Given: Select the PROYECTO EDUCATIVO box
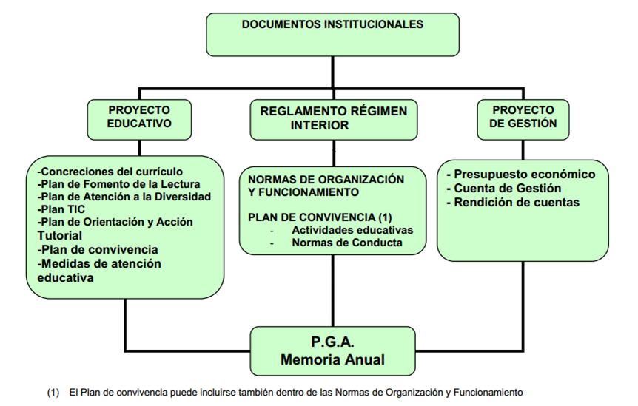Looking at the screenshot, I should pos(139,118).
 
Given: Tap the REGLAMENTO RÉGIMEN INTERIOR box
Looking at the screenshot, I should pos(333,118).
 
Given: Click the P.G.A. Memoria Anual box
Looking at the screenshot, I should pos(332,351).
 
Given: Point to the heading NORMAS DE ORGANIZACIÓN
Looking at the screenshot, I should pos(326,180).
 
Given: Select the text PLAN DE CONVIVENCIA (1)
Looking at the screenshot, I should pos(319,217).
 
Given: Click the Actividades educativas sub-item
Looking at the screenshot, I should pos(352,230).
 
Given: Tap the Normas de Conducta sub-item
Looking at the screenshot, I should pos(347,243).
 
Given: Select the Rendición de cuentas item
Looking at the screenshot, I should pos(516,202).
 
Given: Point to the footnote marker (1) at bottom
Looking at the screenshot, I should pos(53,392).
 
